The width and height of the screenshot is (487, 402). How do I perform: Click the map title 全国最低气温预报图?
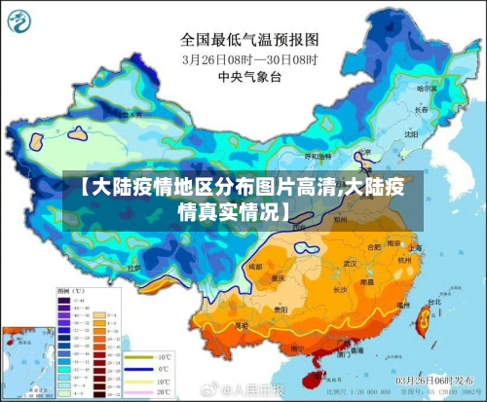[248, 40]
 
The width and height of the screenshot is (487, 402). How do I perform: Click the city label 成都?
[255, 265]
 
